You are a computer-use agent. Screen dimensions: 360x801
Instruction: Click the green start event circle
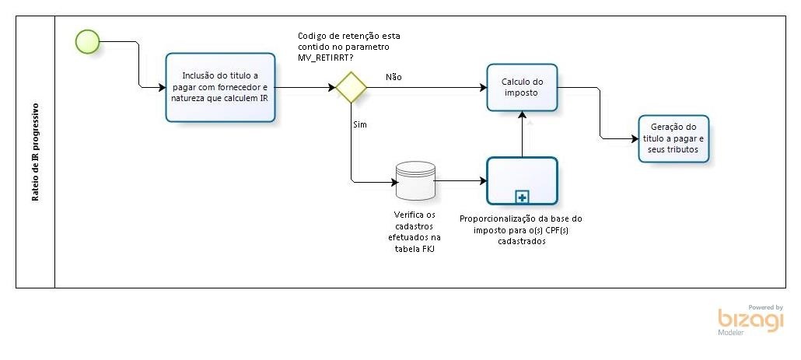(x=88, y=42)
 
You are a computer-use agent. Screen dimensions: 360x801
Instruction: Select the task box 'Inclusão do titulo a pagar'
(x=220, y=87)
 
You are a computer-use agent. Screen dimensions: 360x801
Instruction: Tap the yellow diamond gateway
(x=352, y=87)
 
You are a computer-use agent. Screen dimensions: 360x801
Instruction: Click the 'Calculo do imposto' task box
(x=522, y=87)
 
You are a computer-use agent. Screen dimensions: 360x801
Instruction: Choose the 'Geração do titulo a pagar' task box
(x=673, y=138)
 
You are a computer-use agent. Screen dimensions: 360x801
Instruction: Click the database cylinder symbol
(x=414, y=180)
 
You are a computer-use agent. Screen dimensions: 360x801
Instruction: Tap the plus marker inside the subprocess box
(x=522, y=197)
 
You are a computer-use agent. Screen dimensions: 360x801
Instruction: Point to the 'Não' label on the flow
(x=394, y=77)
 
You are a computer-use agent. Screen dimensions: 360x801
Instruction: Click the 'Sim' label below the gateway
(x=360, y=124)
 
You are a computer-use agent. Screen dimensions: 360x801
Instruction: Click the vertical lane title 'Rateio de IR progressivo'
(x=36, y=151)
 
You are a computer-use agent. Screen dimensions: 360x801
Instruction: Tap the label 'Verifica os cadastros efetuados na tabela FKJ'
(x=414, y=231)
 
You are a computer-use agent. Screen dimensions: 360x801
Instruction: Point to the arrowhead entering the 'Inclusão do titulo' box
(x=161, y=87)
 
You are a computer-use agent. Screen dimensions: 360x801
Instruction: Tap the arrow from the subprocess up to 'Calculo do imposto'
(x=522, y=132)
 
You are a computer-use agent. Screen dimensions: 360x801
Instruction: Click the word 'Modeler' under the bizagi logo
(x=731, y=332)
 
